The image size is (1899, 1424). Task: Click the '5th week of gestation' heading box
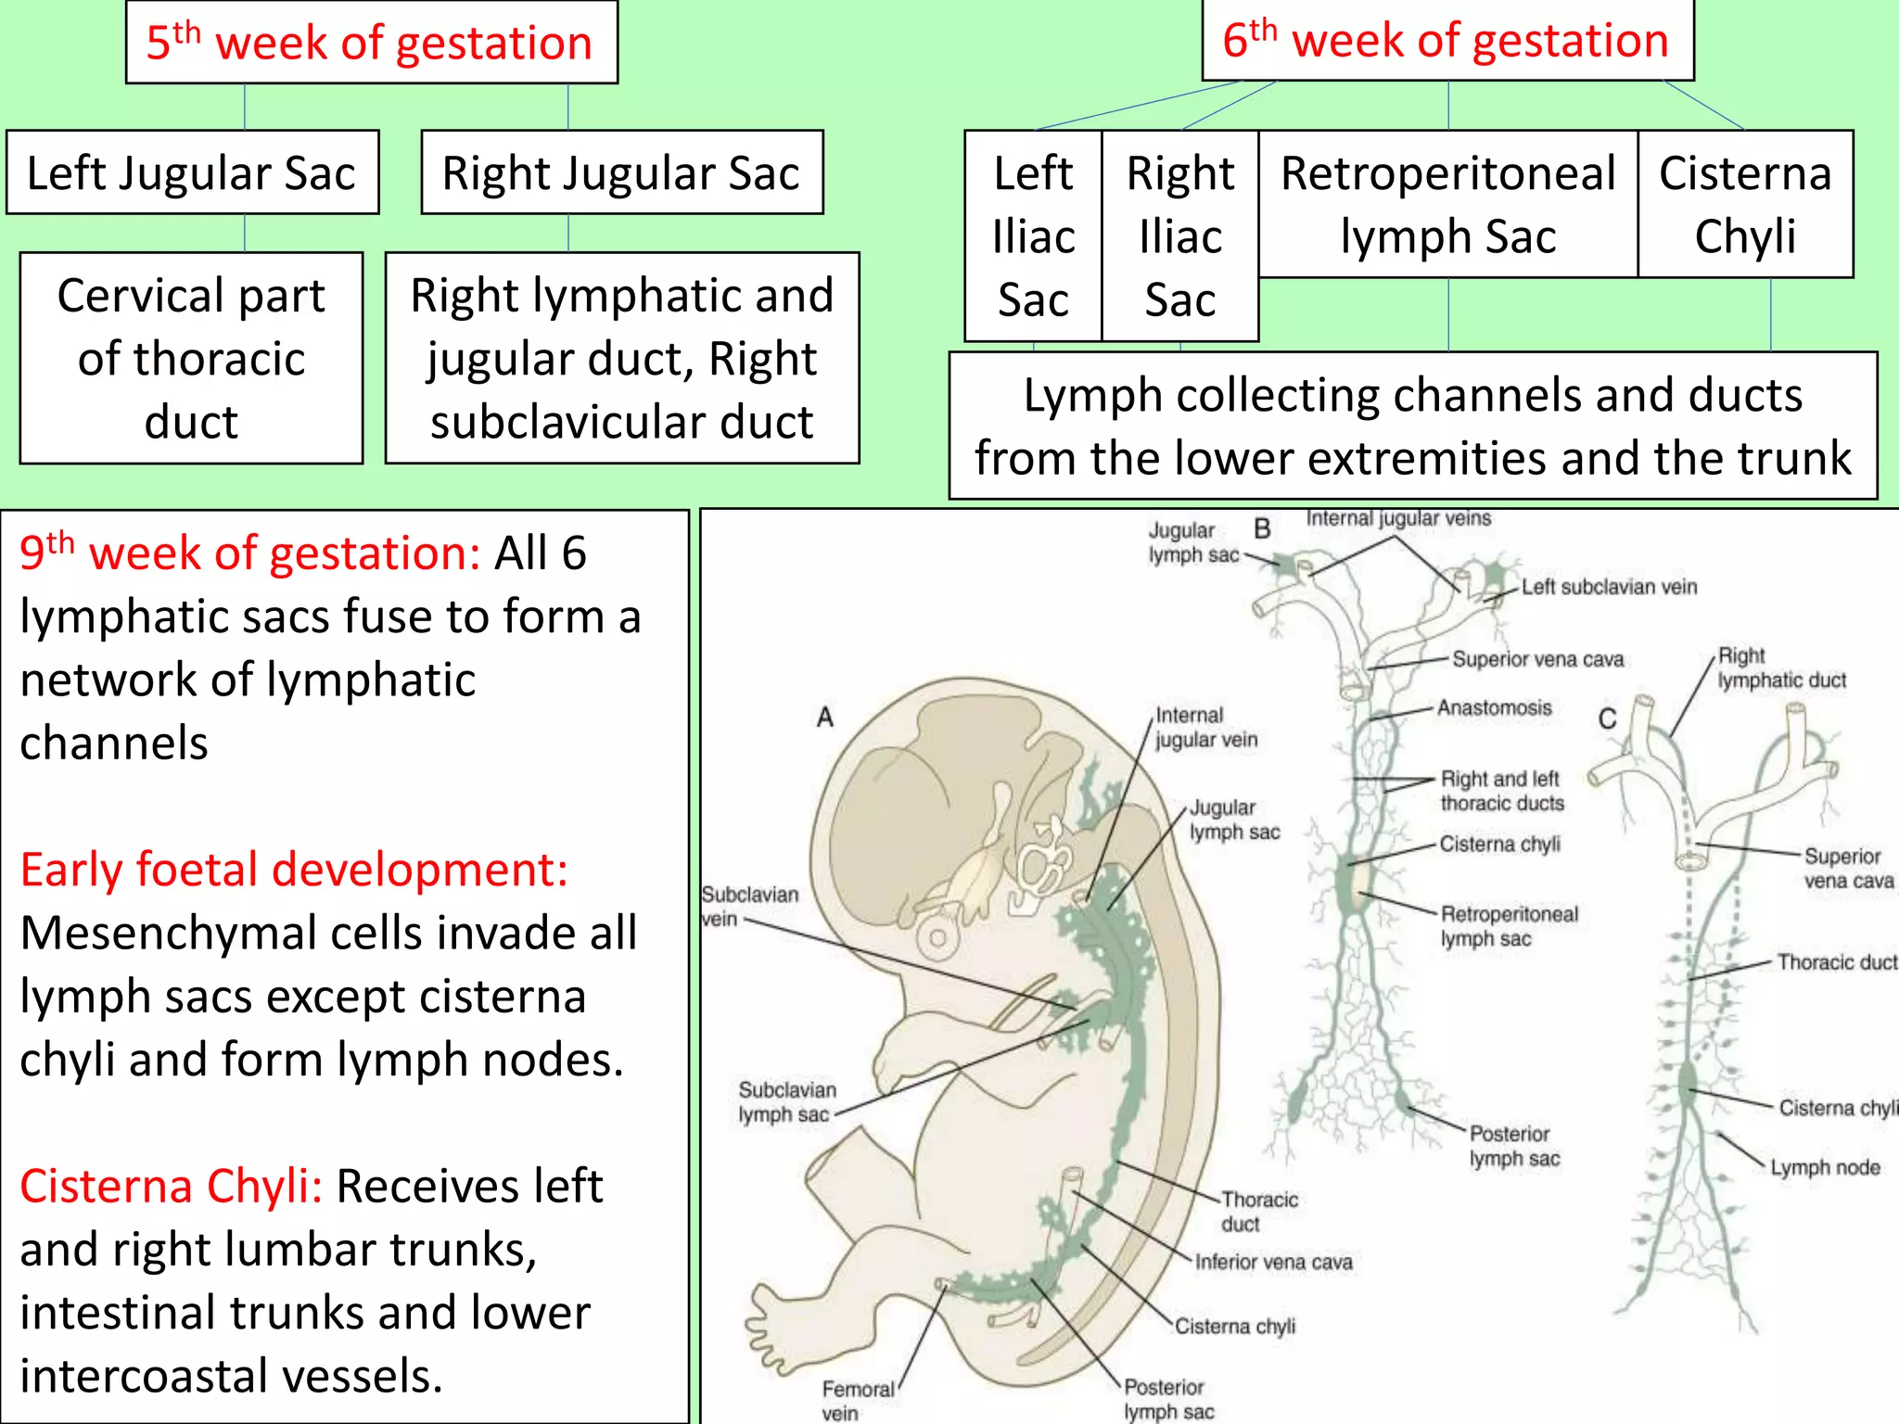(371, 43)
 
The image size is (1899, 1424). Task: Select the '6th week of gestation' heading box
(1447, 41)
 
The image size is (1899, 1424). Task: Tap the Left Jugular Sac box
(192, 173)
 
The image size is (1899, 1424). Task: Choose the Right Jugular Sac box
(621, 173)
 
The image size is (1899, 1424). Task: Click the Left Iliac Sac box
(1033, 236)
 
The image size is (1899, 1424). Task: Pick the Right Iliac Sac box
(1179, 236)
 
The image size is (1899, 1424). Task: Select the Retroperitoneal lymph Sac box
(1447, 204)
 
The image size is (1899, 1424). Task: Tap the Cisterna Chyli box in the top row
(1745, 204)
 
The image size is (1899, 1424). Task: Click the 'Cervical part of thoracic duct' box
(191, 358)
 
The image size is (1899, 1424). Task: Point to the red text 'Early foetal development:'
(294, 870)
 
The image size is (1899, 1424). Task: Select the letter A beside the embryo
(825, 717)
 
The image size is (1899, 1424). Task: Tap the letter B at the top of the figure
(1262, 529)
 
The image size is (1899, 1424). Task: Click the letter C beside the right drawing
(1607, 718)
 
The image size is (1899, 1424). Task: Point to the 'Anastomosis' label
(1494, 708)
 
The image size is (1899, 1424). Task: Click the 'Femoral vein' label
(857, 1400)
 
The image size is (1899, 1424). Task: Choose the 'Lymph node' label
(1825, 1167)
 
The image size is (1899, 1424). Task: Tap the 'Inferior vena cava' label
(1273, 1262)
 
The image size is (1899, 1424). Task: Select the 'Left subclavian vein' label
(1609, 587)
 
